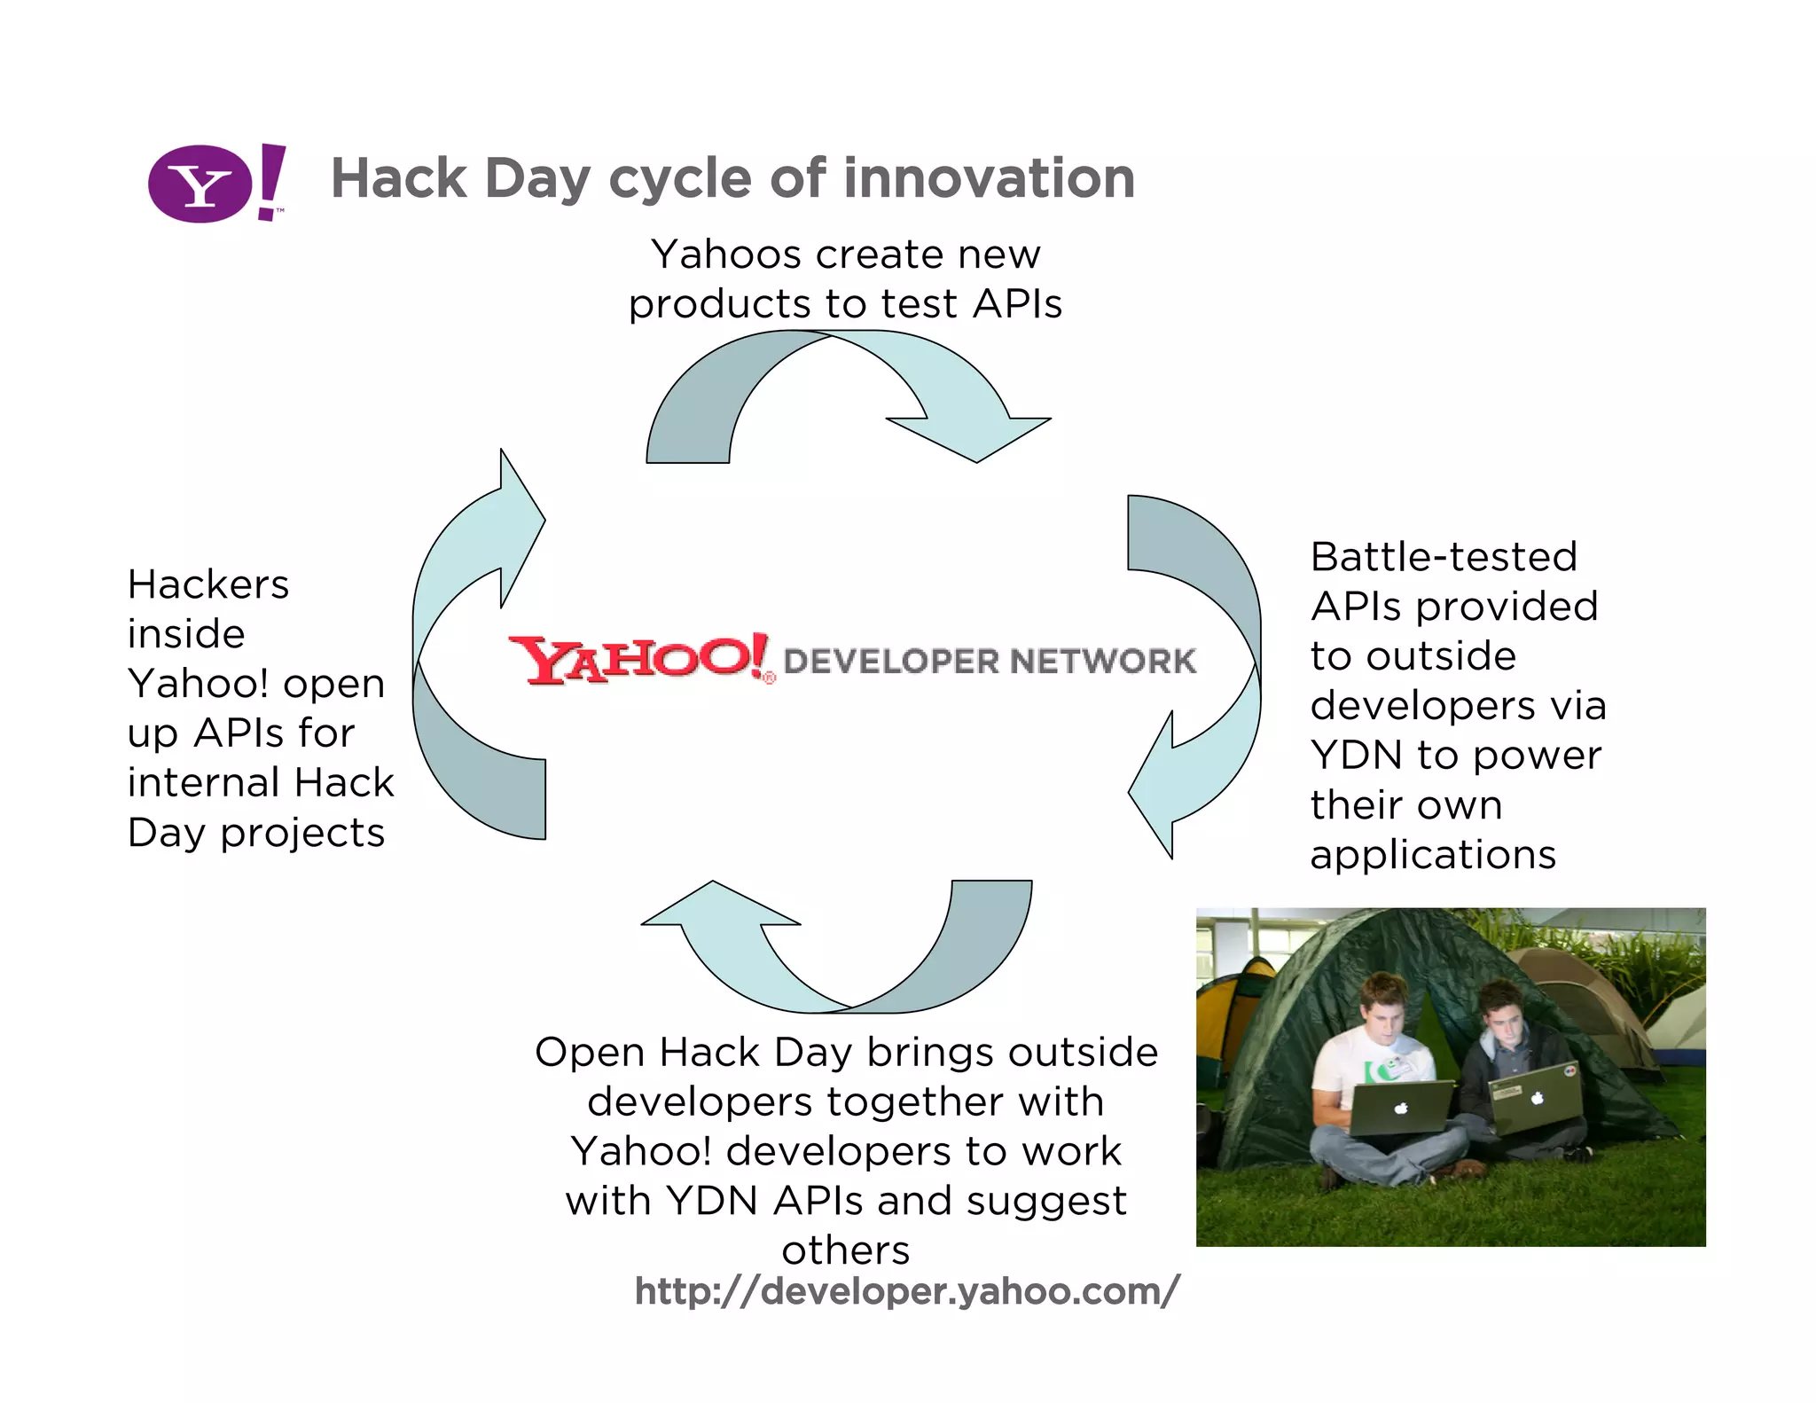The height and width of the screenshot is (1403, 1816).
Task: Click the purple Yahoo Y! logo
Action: click(215, 183)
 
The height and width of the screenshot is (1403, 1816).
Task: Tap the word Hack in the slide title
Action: click(398, 178)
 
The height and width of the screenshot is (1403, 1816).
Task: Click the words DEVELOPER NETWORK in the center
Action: click(990, 661)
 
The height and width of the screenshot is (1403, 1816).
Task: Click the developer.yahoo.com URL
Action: click(906, 1291)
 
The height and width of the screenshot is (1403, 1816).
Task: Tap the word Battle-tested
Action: click(1444, 557)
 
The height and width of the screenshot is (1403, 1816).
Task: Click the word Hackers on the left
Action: click(208, 584)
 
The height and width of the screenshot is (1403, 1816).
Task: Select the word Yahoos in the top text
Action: click(726, 255)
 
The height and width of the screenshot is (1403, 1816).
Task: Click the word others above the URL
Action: click(845, 1250)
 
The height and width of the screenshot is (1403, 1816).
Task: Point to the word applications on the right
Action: click(1433, 855)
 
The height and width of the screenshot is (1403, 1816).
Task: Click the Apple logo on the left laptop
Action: click(1400, 1108)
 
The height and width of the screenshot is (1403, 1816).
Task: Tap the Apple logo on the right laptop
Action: click(1538, 1098)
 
